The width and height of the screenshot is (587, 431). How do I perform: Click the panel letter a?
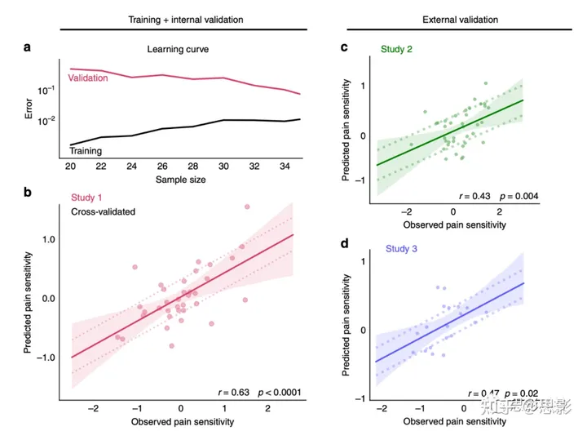click(27, 47)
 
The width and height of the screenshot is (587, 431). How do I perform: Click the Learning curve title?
click(179, 50)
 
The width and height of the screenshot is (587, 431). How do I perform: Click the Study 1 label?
click(89, 197)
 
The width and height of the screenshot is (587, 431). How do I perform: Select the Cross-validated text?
click(102, 211)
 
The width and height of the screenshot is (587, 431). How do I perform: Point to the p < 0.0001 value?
click(280, 393)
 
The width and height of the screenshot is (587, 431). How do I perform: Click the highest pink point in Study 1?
click(247, 207)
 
